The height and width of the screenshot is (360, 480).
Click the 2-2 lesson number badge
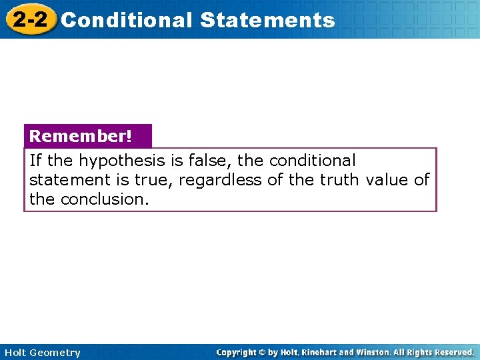click(30, 19)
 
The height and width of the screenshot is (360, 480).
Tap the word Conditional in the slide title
click(126, 20)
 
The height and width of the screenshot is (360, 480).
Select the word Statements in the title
click(267, 20)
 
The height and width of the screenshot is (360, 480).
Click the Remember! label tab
click(81, 136)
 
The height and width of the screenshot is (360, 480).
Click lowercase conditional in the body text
click(313, 161)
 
